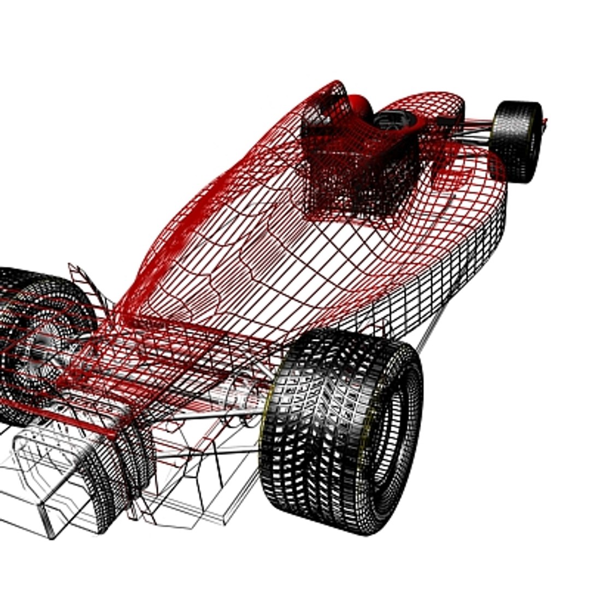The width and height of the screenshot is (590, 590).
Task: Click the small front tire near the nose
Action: click(516, 141)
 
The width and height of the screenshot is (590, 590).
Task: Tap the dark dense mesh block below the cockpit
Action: click(355, 186)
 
